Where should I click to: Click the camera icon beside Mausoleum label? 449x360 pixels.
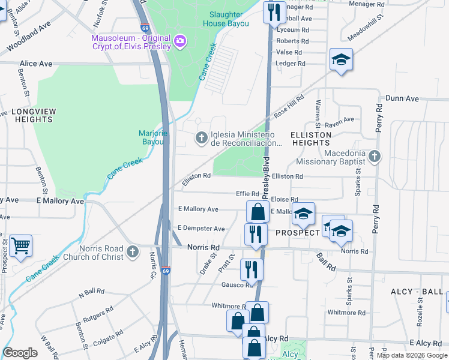point(180,41)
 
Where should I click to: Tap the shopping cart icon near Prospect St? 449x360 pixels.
point(20,245)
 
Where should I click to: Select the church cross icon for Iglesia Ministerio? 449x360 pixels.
point(201,139)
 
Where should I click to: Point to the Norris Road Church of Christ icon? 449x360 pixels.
point(133,253)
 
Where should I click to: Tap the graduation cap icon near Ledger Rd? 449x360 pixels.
point(341,59)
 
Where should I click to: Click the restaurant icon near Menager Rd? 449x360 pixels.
point(274,12)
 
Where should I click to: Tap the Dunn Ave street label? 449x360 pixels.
point(402,98)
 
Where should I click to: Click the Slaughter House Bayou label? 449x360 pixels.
point(226,19)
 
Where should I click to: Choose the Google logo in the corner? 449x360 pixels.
point(20,353)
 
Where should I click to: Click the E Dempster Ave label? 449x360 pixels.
point(201,229)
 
